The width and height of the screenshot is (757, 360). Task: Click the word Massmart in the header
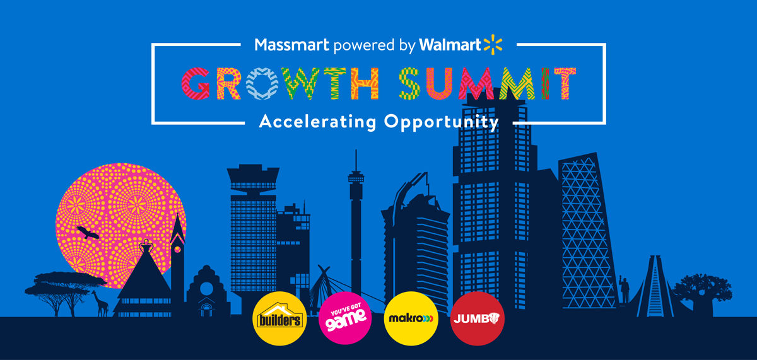(292, 45)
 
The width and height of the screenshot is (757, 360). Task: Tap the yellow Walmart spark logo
(492, 44)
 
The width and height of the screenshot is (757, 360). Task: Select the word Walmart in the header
(449, 45)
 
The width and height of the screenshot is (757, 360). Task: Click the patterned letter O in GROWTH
(262, 83)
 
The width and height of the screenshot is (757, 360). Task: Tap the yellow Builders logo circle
(278, 318)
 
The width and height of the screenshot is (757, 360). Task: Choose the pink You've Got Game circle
(345, 318)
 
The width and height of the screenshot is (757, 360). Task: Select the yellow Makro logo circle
(411, 318)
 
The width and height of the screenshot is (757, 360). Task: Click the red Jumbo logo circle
(478, 318)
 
